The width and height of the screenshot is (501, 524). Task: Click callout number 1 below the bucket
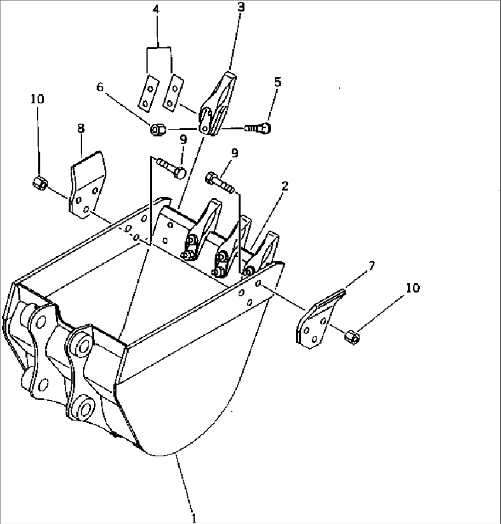coord(193,518)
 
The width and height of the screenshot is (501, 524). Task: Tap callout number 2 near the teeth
coord(285,186)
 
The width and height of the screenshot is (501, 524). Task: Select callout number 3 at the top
coord(241,7)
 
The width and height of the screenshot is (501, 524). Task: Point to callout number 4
coord(156,10)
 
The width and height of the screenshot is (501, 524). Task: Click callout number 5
coord(278,82)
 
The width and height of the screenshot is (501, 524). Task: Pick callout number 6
coord(100,87)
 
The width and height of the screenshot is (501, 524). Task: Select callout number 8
coord(81,129)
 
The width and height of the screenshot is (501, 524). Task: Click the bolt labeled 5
coord(258,128)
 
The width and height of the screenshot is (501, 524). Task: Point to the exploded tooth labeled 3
coord(217,103)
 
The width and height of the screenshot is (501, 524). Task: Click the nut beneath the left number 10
coord(40,183)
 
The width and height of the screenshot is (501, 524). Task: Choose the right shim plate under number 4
coord(173,92)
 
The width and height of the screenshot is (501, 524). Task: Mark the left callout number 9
coord(183,140)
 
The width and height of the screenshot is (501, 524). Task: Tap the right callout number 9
coord(235,153)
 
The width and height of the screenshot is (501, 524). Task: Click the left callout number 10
coord(37,99)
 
